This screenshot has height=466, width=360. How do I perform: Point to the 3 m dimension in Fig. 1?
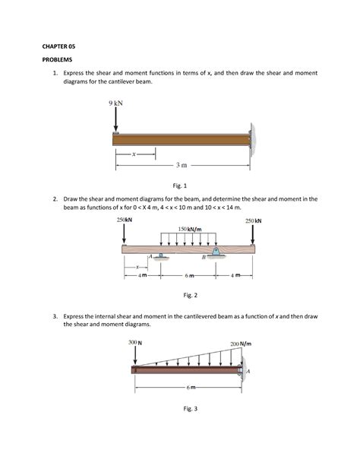[x=182, y=164]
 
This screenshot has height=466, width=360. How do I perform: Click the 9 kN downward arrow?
[x=116, y=120]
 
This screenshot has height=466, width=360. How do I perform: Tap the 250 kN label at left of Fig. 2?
[x=125, y=220]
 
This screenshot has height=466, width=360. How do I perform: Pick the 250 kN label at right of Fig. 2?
[x=254, y=220]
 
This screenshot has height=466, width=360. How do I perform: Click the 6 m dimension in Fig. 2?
[x=190, y=276]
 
